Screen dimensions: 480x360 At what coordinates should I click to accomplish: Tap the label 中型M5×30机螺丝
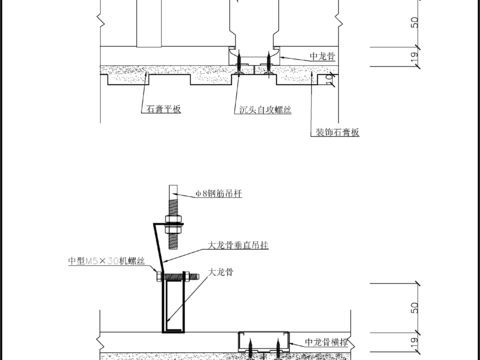coord(107,261)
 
